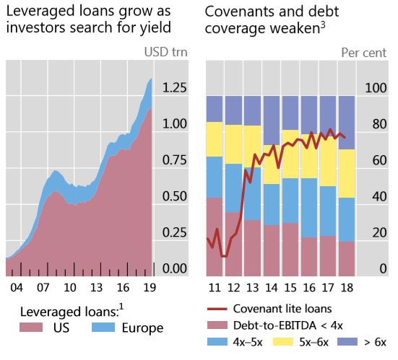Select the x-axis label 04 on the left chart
pyautogui.click(x=17, y=286)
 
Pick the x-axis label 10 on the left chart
pyautogui.click(x=69, y=286)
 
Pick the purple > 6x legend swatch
pyautogui.click(x=355, y=342)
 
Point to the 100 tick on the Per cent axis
pyautogui.click(x=377, y=88)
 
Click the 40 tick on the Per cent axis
pyautogui.click(x=377, y=196)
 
